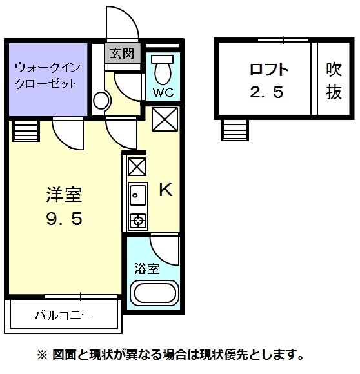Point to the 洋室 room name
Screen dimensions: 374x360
tap(64, 193)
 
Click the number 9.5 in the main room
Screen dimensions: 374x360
tap(63, 219)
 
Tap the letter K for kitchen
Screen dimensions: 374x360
tap(165, 190)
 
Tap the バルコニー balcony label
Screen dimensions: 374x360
tap(63, 316)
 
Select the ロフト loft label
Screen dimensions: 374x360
tap(268, 70)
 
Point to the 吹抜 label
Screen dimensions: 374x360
tap(333, 80)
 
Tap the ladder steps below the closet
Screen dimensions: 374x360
tap(26, 131)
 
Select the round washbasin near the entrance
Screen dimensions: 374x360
tap(101, 101)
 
